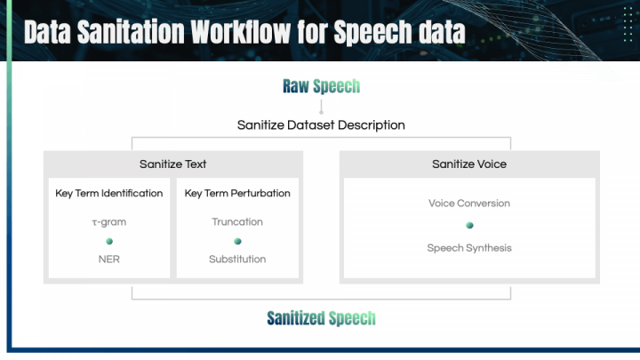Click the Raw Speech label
pos(321,86)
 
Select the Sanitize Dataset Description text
pos(321,125)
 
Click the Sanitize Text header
pos(173,164)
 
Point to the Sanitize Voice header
pos(469,164)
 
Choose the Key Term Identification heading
pos(109,193)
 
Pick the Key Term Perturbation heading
pos(237,193)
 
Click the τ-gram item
pos(108,221)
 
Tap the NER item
pos(109,260)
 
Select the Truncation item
pos(237,221)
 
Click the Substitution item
pos(237,260)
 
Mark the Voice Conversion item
pos(469,204)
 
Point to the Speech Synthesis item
pos(469,248)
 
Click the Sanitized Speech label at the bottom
pos(321,318)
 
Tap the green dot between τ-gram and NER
pos(109,241)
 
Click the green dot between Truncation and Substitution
pos(237,241)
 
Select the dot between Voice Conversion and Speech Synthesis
pos(469,226)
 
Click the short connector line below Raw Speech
pos(321,106)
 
